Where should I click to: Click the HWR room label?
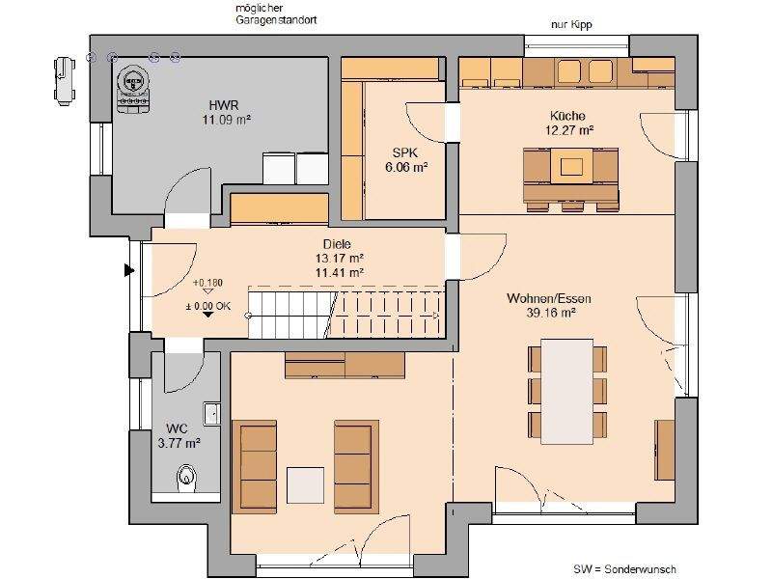(x=224, y=105)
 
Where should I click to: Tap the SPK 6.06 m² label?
(x=405, y=160)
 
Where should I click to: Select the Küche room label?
(x=567, y=116)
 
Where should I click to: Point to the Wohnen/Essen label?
(x=549, y=298)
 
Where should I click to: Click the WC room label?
(x=177, y=428)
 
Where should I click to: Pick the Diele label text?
(x=337, y=244)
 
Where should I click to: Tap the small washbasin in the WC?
(x=211, y=414)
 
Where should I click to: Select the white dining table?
(x=566, y=391)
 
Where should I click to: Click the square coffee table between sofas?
(x=305, y=485)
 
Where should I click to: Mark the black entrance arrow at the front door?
(x=129, y=270)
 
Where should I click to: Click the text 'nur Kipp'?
(x=571, y=25)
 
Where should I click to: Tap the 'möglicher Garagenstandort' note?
(x=276, y=14)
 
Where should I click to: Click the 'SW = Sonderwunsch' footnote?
(x=624, y=569)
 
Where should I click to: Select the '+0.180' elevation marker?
(x=207, y=283)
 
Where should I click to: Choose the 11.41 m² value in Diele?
(x=340, y=271)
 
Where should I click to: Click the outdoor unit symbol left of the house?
(x=65, y=81)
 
